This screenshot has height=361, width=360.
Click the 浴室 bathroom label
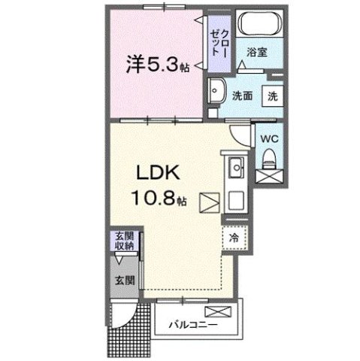click(258, 52)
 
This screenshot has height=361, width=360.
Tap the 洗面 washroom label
click(241, 96)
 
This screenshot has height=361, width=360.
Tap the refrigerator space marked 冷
click(234, 237)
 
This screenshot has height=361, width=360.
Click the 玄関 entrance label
click(125, 279)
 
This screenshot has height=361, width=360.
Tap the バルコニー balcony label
click(193, 326)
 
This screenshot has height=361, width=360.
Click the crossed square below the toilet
click(268, 177)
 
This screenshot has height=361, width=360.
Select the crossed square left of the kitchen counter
click(210, 202)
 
